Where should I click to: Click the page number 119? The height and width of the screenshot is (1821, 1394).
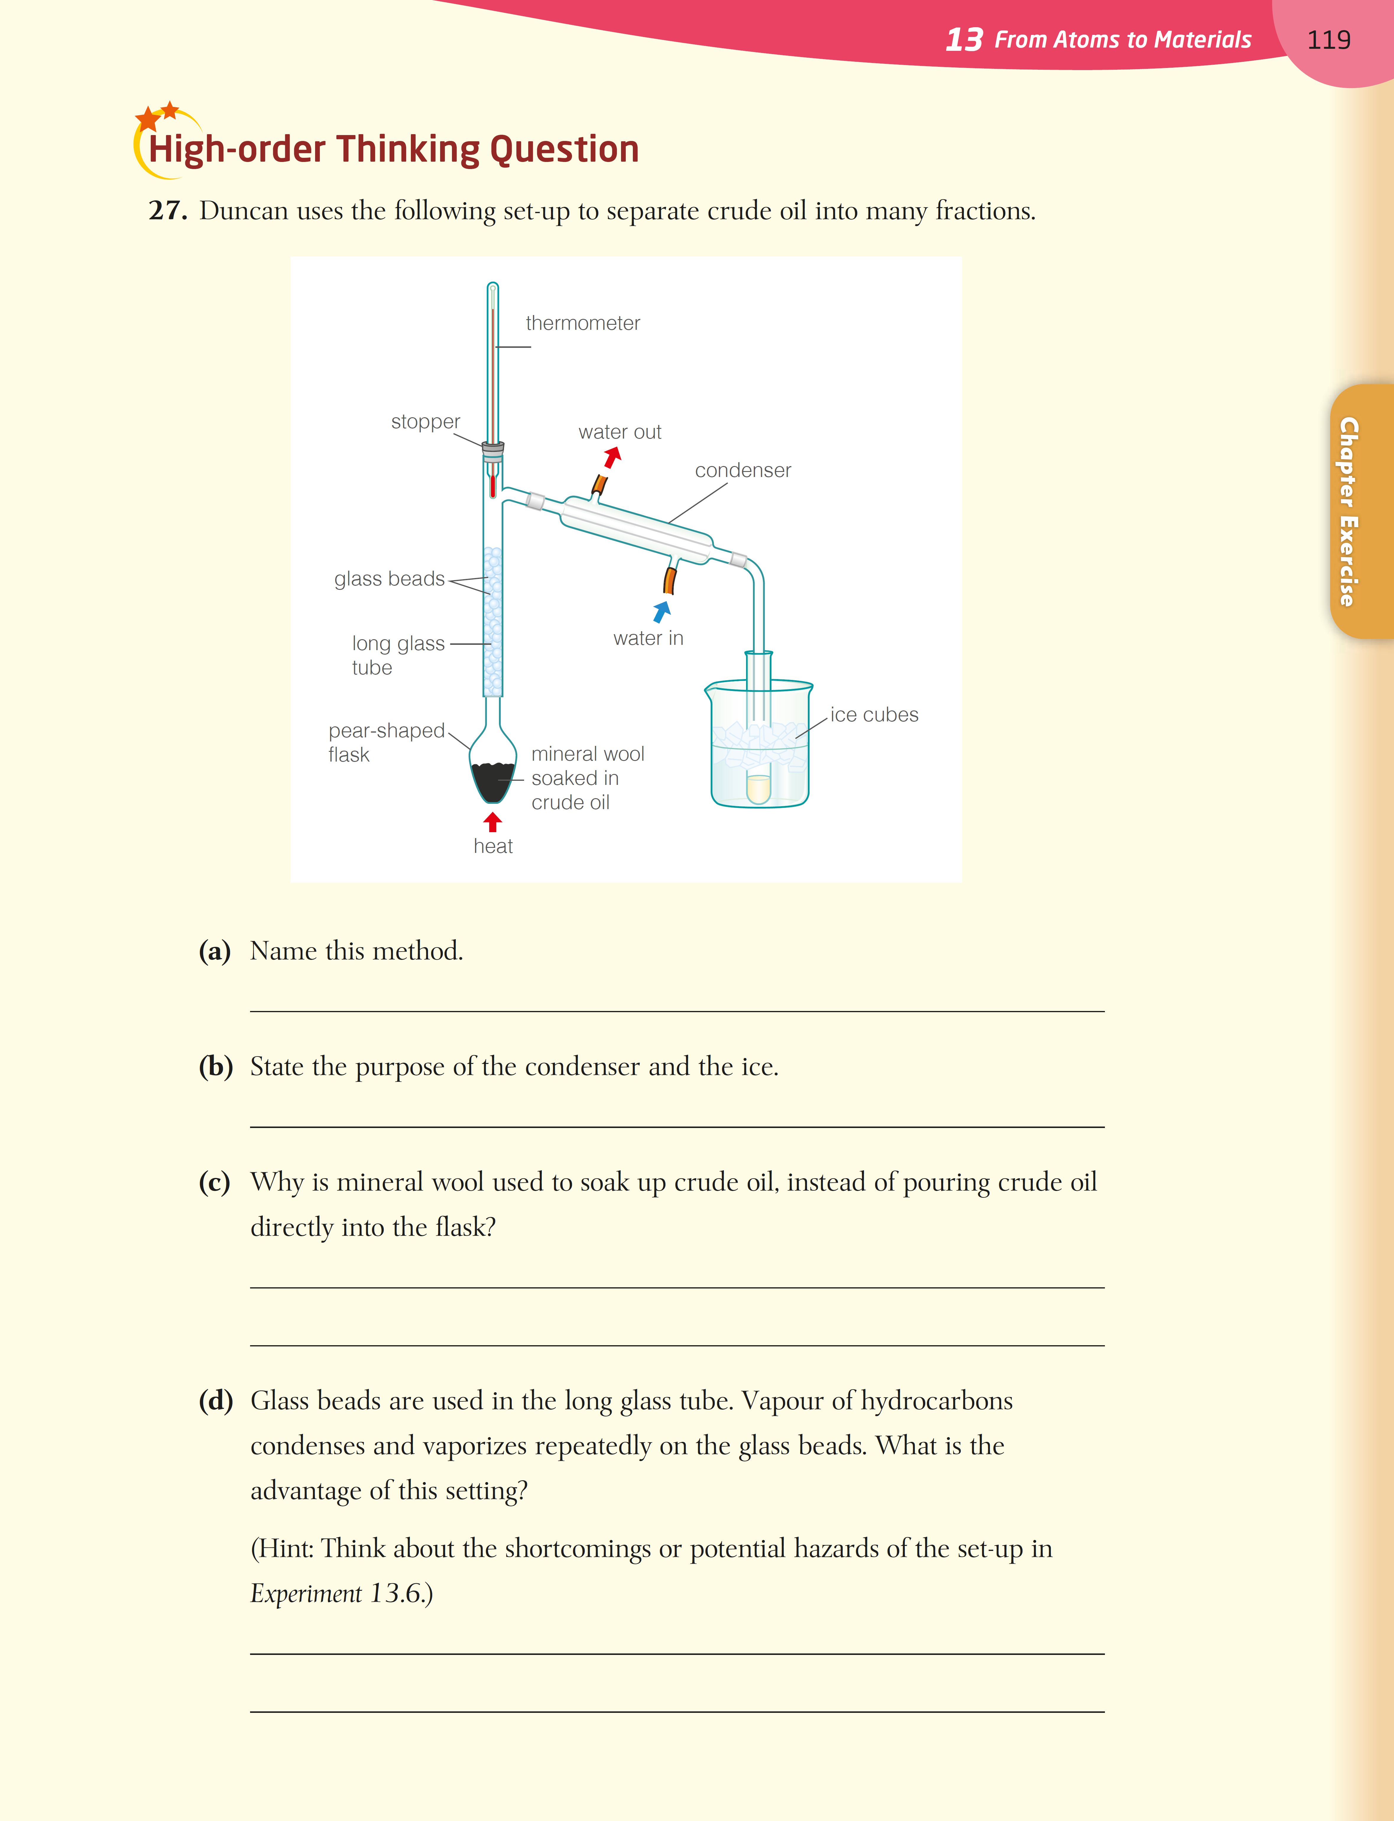pos(1328,40)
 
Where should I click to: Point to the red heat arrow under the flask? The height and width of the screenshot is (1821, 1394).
pos(493,821)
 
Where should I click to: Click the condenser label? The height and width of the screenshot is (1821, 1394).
pos(743,470)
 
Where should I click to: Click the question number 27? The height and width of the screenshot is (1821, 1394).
pos(168,211)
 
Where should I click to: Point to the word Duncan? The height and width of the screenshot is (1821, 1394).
pos(244,211)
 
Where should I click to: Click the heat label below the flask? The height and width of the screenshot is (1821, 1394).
pos(493,846)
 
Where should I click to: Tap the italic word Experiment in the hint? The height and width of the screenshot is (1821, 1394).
pos(305,1594)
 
